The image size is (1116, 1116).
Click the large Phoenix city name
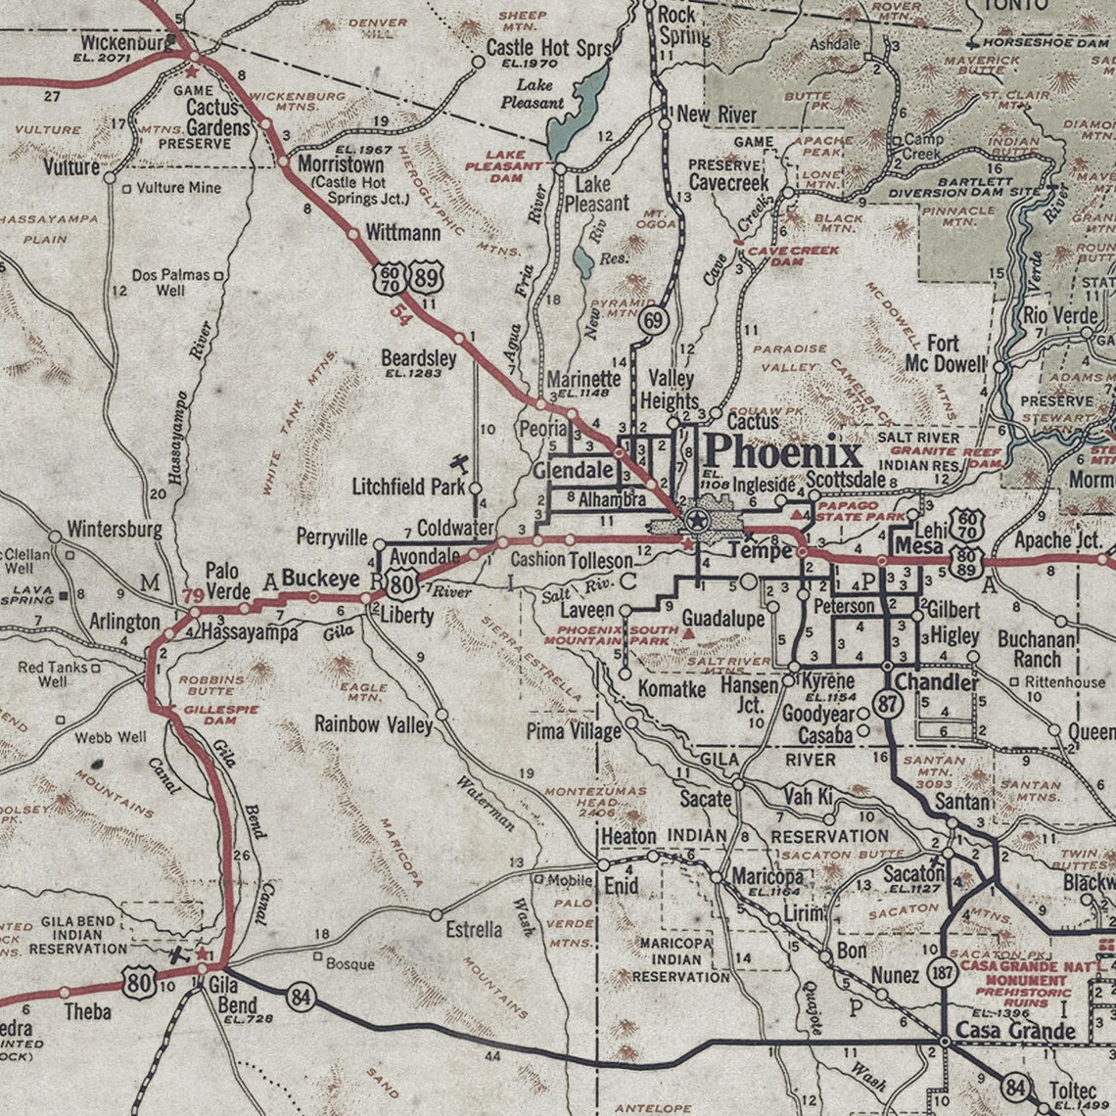(783, 452)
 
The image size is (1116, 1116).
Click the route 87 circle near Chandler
(888, 707)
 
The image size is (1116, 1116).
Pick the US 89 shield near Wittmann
(426, 277)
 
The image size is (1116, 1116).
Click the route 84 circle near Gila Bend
(301, 998)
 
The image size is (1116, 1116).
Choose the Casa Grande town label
(1015, 1030)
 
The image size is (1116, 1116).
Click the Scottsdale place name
(846, 481)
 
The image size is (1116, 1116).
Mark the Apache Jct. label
(1057, 539)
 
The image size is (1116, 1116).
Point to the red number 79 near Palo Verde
(193, 595)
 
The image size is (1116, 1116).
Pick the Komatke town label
(672, 689)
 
